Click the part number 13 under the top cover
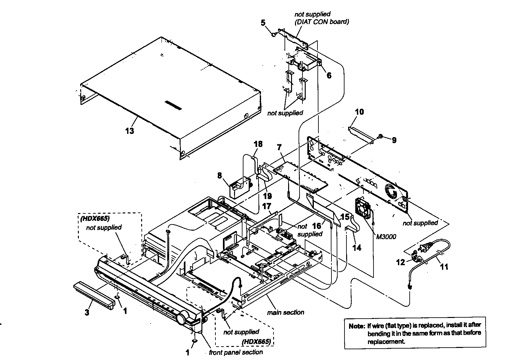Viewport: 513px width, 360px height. pos(129,131)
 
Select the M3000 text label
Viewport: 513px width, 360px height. pos(386,237)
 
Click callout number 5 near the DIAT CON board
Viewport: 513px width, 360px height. pos(263,22)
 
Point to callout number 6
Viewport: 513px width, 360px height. pos(329,76)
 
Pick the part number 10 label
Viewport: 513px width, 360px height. pos(359,112)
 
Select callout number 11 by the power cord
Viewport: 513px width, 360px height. pos(444,267)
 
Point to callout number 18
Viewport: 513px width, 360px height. pos(258,144)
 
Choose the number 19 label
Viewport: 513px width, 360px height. pos(267,196)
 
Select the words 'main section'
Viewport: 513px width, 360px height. pos(286,312)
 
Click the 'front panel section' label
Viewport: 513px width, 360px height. pos(236,352)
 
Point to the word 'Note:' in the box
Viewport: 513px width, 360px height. pos(357,325)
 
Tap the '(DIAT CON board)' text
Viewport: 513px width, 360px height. pos(321,22)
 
